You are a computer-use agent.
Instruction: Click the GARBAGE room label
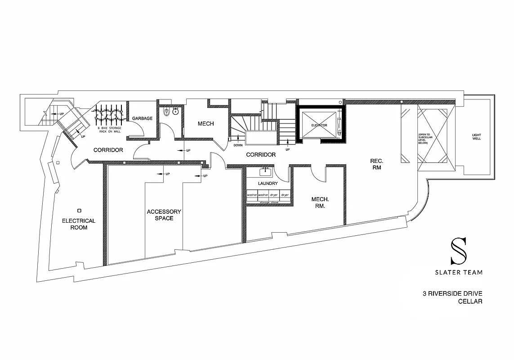[142, 118]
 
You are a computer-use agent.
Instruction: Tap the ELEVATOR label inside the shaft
[319, 125]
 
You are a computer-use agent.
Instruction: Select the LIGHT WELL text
[476, 136]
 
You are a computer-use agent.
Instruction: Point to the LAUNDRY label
[268, 184]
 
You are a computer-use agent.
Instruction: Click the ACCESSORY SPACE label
[164, 215]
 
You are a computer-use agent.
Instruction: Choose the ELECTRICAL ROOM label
[79, 224]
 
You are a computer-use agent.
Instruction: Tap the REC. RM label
[376, 164]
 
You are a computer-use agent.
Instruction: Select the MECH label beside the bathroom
[206, 124]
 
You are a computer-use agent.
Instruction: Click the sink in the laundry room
[265, 171]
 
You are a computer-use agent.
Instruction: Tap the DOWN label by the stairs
[238, 145]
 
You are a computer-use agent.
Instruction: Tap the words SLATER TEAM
[459, 272]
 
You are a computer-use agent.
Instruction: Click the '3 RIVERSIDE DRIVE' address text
[452, 294]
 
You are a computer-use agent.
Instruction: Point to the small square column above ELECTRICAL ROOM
[80, 210]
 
